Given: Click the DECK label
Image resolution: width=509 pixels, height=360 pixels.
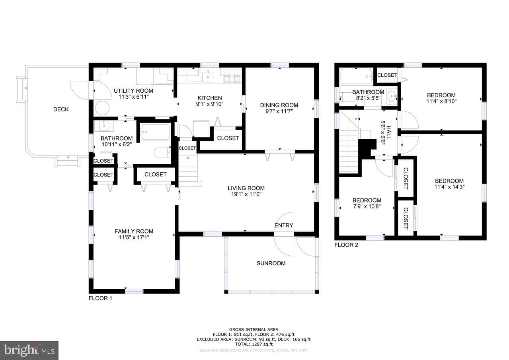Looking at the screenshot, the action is coord(61,109).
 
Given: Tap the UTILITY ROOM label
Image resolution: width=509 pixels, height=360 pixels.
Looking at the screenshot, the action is coord(133,91).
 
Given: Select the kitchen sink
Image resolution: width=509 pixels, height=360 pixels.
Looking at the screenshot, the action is coord(208,76).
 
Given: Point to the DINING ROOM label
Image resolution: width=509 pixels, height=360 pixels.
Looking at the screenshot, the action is coord(279,105).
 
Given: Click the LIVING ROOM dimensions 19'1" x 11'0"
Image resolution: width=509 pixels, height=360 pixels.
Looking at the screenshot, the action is coord(246,194).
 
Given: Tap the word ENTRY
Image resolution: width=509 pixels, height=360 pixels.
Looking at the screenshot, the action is coord(284,225).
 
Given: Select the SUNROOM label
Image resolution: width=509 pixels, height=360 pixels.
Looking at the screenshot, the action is coord(271,263).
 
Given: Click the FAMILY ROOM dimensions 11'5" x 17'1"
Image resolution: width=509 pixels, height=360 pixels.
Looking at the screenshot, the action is coord(134,237).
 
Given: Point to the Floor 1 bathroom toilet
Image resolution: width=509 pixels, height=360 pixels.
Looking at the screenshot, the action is coord(162,152).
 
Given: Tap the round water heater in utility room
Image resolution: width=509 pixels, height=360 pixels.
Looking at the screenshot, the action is coord(102,108).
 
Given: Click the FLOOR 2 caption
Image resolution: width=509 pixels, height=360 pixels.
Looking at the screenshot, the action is coord(346,245).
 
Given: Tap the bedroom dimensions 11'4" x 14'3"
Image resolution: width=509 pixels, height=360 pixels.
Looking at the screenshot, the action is coord(449,187).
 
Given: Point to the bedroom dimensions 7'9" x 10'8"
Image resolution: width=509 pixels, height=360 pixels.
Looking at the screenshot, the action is coord(367,206).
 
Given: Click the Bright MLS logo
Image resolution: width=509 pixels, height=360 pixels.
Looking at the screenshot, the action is coord(29,350).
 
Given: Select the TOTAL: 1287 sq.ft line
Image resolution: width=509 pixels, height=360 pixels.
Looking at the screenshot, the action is coord(254,344).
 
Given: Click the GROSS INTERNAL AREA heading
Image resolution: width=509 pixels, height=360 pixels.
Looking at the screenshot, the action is coord(254,329).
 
